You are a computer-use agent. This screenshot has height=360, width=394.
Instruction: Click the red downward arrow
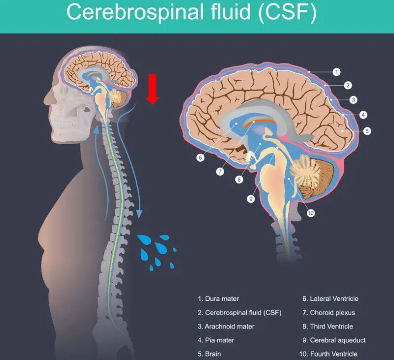pyautogui.click(x=153, y=89)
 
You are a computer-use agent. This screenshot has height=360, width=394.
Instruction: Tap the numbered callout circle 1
pyautogui.click(x=336, y=72)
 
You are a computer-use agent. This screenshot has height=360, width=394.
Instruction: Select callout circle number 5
pyautogui.click(x=367, y=131)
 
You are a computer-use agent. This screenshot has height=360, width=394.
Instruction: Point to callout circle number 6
pyautogui.click(x=200, y=158)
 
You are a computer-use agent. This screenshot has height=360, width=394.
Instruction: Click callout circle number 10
pyautogui.click(x=311, y=213)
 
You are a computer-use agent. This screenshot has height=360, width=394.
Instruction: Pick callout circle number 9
pyautogui.click(x=251, y=199)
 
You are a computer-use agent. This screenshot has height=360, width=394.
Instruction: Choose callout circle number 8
pyautogui.click(x=239, y=180)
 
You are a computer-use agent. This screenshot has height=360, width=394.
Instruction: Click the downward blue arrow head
pyautogui.click(x=139, y=214)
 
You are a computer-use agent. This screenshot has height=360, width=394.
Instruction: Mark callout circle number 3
pyautogui.click(x=353, y=100)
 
